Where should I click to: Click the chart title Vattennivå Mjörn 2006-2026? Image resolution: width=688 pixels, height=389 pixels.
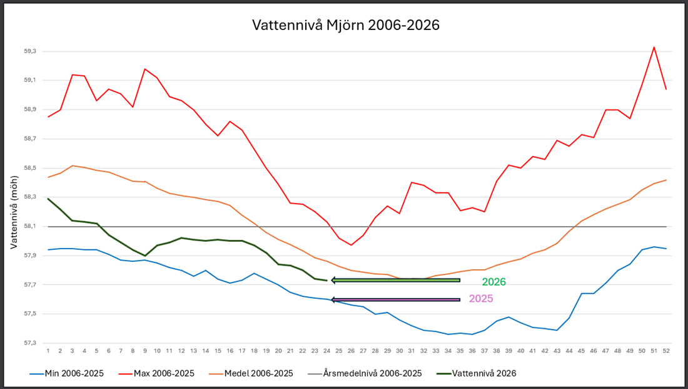(x=346, y=25)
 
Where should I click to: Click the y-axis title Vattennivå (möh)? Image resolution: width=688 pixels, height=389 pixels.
(x=14, y=212)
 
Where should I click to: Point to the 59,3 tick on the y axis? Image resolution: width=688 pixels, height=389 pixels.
(x=30, y=51)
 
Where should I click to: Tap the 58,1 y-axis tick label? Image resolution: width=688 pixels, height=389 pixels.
(x=30, y=226)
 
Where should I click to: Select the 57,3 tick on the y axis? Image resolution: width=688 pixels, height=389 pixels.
(x=30, y=343)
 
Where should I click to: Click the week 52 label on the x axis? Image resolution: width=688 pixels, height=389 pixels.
(x=666, y=351)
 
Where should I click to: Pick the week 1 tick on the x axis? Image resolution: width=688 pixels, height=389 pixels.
(x=48, y=351)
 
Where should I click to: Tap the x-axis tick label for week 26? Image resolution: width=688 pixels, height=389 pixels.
(x=351, y=351)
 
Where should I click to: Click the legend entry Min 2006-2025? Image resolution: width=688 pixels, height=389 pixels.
(x=67, y=373)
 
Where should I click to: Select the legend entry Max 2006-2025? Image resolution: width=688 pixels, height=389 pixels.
(x=156, y=373)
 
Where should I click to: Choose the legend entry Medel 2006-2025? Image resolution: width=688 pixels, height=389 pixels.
(x=251, y=373)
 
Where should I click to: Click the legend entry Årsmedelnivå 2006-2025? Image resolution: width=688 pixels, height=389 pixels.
(x=365, y=373)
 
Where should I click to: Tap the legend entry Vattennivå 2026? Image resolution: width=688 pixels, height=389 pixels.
(x=477, y=373)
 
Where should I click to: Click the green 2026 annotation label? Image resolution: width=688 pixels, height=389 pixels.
(x=493, y=282)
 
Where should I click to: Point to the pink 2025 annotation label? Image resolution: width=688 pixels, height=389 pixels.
(x=481, y=298)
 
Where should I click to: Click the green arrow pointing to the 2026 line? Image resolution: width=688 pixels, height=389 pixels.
(x=396, y=280)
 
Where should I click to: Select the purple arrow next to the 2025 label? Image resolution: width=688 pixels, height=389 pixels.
(x=396, y=300)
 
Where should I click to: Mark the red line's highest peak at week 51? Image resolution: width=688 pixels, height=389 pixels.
(x=654, y=47)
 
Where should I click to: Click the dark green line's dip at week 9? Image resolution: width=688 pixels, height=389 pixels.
(x=145, y=256)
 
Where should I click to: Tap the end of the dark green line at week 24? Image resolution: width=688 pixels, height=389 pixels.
(x=327, y=281)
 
